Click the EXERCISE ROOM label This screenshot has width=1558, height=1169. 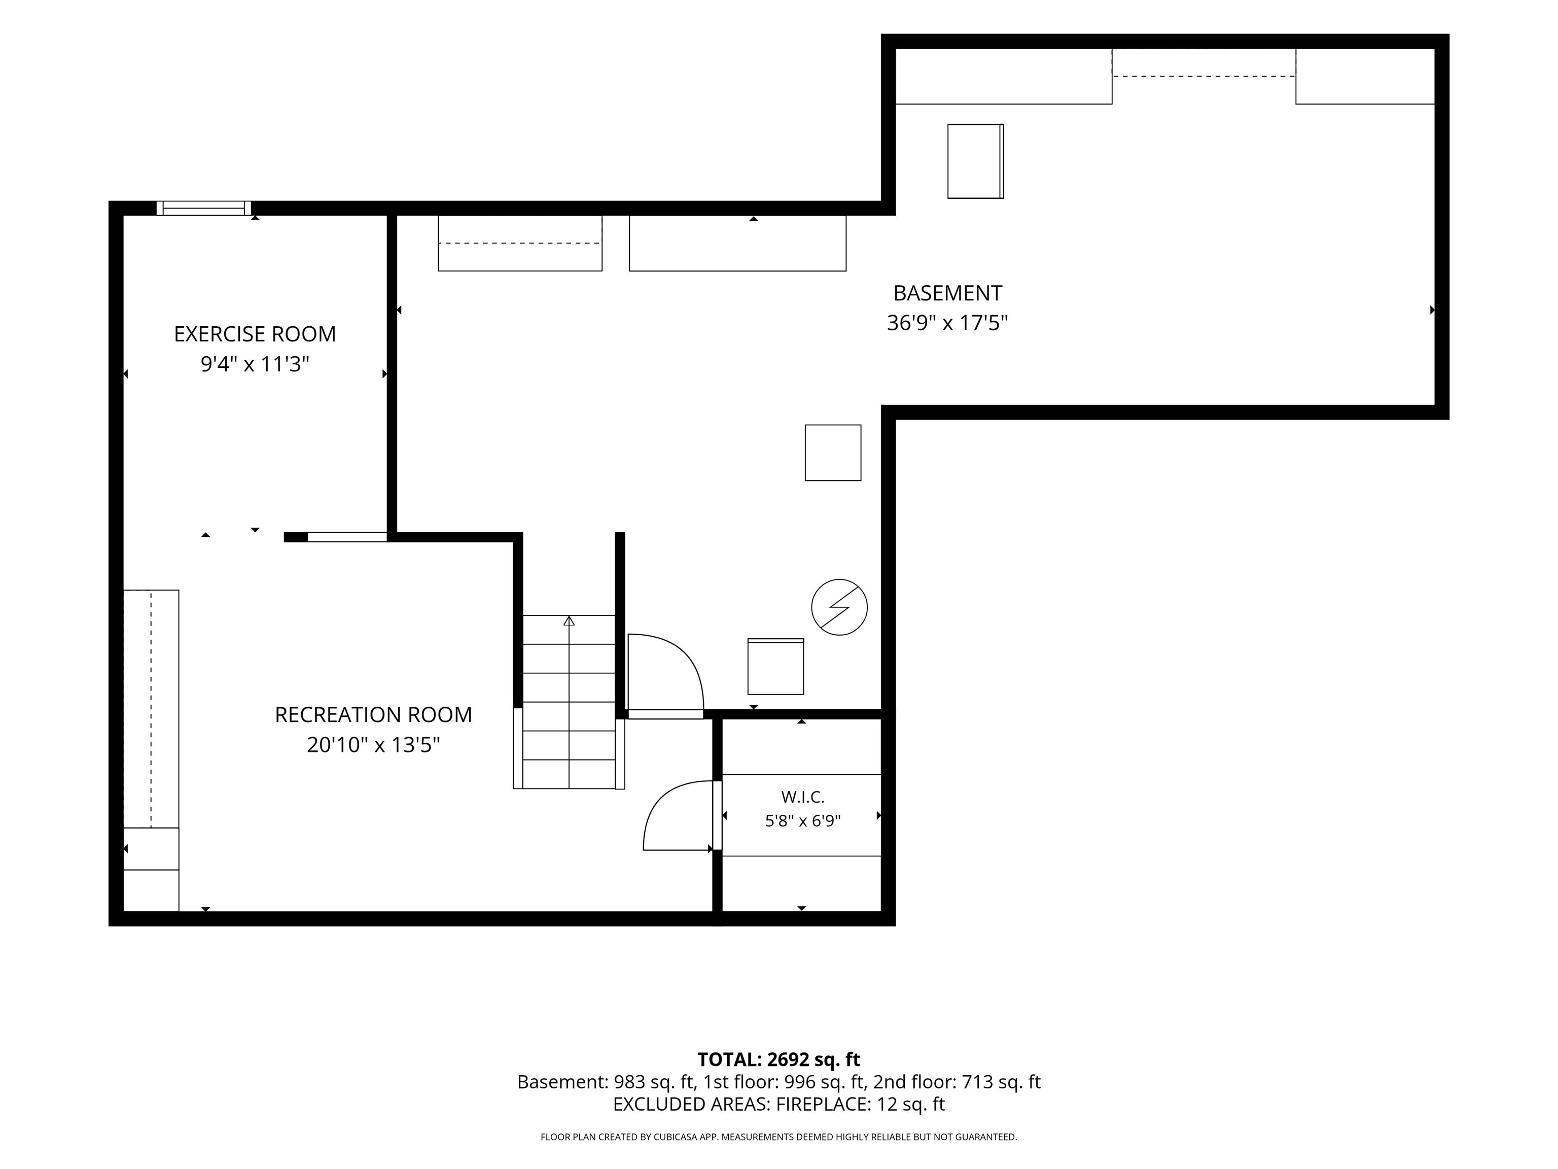[255, 334]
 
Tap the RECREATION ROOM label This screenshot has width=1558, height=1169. [373, 714]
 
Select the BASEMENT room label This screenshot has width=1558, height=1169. [947, 293]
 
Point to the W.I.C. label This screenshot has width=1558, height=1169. [802, 797]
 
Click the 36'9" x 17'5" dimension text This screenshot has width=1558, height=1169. [947, 323]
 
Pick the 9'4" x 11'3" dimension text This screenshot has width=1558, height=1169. [255, 364]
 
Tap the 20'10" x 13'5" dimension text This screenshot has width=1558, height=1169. [373, 745]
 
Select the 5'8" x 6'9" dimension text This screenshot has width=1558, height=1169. [803, 821]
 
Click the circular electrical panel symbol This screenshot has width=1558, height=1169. [839, 607]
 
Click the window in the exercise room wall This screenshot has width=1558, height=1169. [203, 208]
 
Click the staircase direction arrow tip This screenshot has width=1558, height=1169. [569, 616]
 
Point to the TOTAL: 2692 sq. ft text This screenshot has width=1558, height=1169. [778, 1060]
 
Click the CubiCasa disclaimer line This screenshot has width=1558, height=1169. [778, 1137]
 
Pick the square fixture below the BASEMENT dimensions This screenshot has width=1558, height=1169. [833, 453]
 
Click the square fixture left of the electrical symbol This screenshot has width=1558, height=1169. [775, 667]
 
